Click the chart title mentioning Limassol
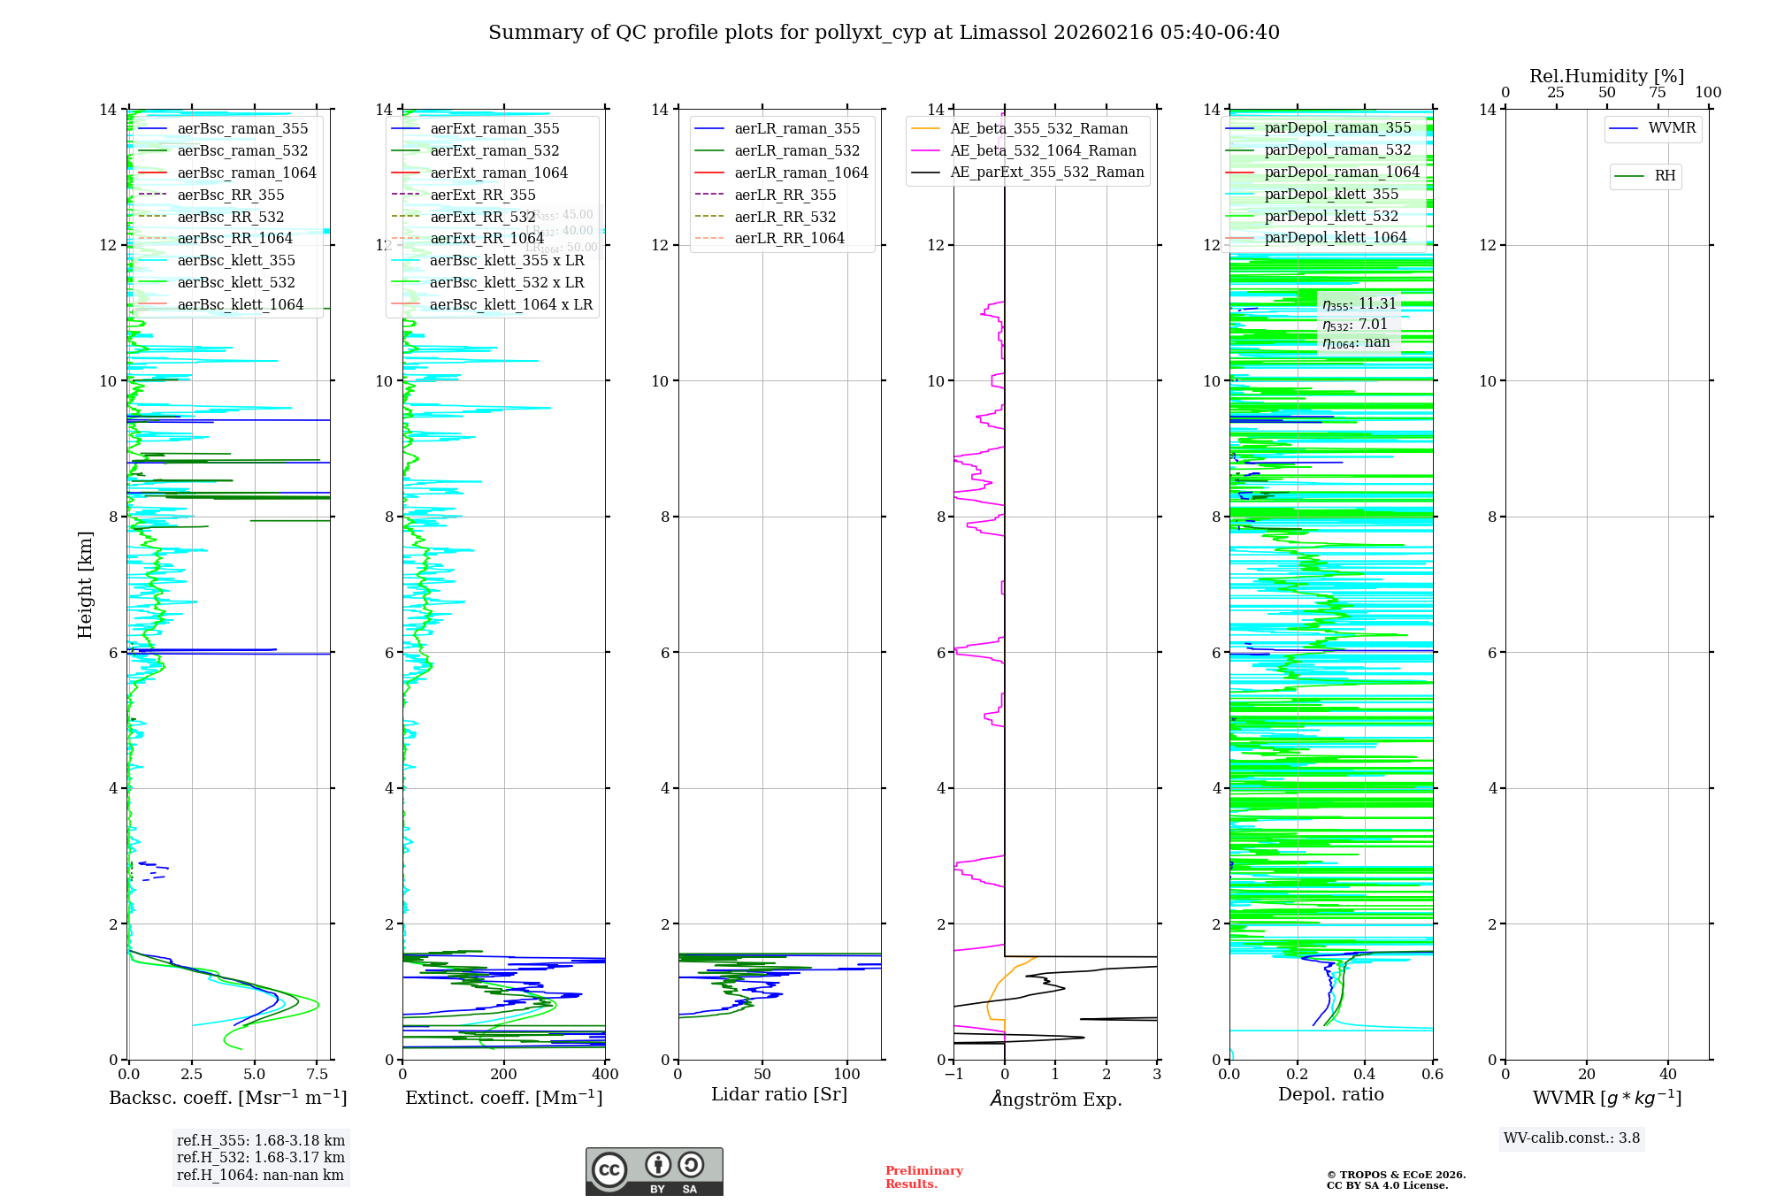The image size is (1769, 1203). (x=884, y=33)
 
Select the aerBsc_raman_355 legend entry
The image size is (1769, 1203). (x=242, y=129)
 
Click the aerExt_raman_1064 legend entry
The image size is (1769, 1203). (x=499, y=173)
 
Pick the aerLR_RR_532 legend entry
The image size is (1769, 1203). (x=785, y=217)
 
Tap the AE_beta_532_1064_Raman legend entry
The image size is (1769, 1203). (x=1043, y=151)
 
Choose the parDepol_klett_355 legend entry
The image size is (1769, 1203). (x=1331, y=195)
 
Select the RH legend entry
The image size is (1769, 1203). (x=1665, y=176)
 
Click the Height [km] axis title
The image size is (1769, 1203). (x=85, y=585)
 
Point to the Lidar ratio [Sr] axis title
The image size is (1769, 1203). (x=779, y=1095)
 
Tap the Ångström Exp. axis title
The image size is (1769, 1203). (x=1055, y=1100)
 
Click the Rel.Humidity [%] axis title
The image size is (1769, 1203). (x=1606, y=76)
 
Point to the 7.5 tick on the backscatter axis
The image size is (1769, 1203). (x=318, y=1075)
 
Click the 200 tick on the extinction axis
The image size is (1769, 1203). (x=504, y=1075)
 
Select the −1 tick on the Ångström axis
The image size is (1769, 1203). (x=953, y=1075)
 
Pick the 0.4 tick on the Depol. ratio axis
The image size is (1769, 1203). (x=1365, y=1075)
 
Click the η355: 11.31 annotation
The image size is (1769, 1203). (x=1359, y=304)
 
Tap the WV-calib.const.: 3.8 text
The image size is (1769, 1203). (x=1572, y=1138)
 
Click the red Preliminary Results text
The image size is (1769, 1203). (x=923, y=1177)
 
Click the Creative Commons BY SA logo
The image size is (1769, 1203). (x=654, y=1172)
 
